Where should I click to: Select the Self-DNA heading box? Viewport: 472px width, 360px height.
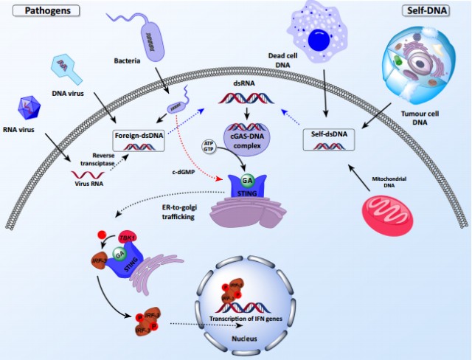430,11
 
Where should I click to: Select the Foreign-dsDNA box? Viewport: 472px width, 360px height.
139,142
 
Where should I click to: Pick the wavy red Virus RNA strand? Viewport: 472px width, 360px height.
86,175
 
